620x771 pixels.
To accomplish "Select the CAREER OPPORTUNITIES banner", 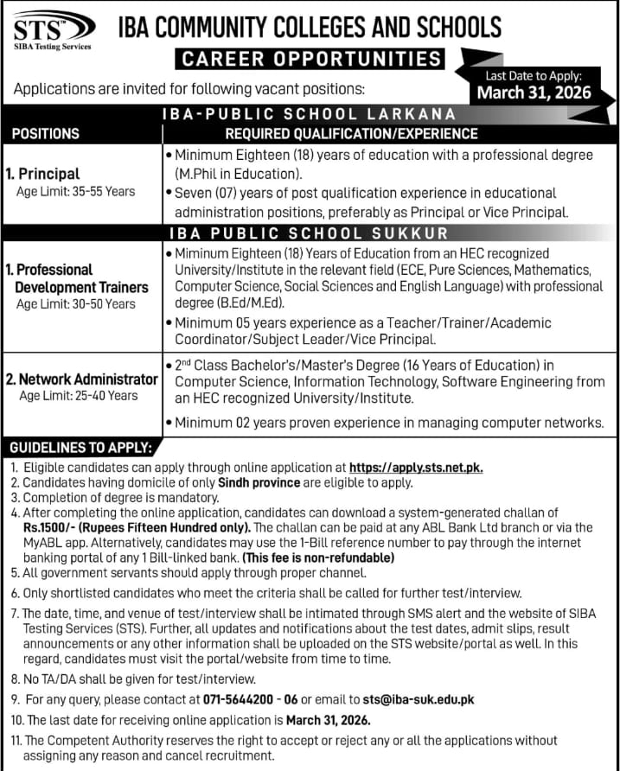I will (x=309, y=59).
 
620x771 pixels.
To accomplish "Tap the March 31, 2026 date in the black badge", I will (x=540, y=92).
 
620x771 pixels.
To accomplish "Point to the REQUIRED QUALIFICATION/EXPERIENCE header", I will (x=351, y=134).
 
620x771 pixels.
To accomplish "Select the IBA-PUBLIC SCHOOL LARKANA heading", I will (x=310, y=114).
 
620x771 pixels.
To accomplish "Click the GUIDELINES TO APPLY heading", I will (x=80, y=448).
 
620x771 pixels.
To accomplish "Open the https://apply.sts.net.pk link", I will (x=415, y=468).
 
